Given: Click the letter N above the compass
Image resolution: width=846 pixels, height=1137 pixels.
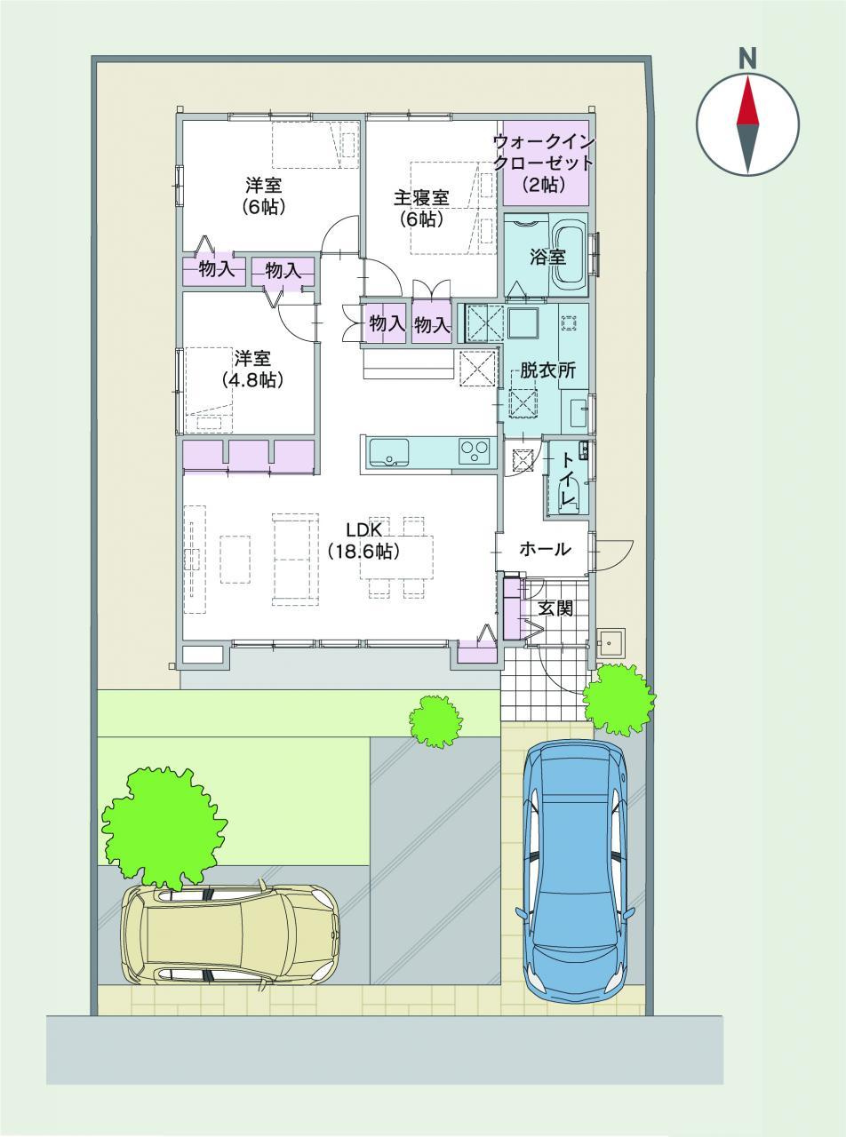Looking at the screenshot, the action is [747, 60].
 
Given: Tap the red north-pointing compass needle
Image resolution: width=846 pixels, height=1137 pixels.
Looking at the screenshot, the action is [747, 100].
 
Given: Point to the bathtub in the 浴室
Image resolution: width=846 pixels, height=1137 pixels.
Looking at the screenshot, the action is [571, 254].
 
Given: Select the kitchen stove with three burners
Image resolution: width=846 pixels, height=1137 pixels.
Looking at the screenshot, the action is [475, 451].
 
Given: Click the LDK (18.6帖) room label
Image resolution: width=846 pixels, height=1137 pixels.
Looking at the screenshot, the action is [363, 541].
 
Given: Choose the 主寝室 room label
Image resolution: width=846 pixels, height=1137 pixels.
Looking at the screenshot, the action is [421, 197].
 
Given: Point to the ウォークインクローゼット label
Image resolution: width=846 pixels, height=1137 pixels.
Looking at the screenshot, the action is [544, 152].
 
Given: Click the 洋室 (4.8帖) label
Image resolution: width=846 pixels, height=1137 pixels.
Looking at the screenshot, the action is [253, 370].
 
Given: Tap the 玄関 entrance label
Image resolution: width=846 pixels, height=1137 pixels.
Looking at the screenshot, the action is [555, 608].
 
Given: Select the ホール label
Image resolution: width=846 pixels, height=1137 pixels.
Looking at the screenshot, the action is [545, 549].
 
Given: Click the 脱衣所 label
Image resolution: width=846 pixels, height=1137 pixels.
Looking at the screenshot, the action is [547, 370].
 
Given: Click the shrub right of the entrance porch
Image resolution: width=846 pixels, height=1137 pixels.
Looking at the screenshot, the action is [619, 700].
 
